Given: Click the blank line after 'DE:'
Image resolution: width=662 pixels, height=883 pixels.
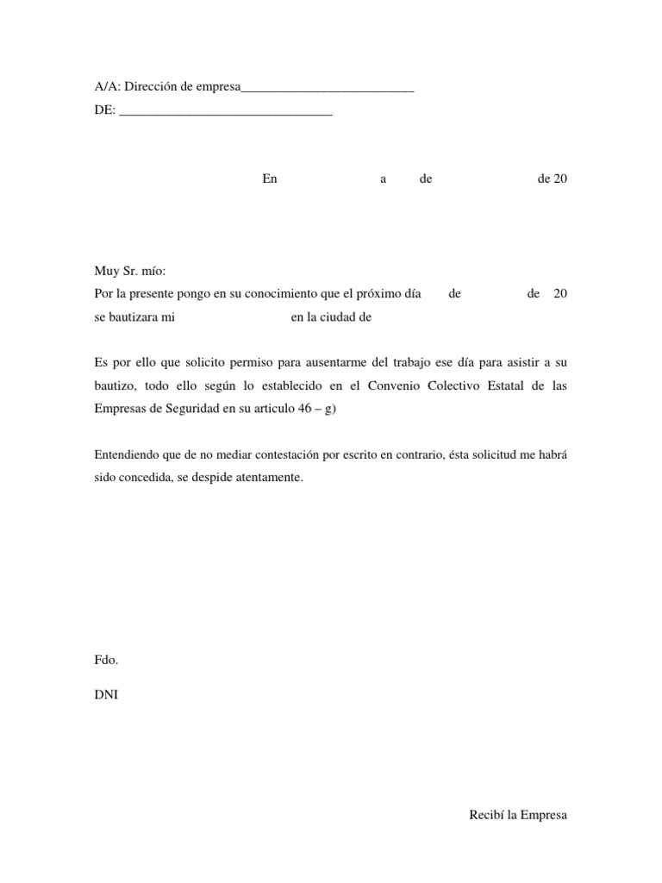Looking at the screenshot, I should click(224, 112).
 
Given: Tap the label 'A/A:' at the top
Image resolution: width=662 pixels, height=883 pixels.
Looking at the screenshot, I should click(107, 88).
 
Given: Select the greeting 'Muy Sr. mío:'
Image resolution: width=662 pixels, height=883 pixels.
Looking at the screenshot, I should click(123, 272).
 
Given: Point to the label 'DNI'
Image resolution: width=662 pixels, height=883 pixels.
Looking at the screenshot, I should click(106, 692).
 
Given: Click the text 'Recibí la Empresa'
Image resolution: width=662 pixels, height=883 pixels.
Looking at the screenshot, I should click(518, 814).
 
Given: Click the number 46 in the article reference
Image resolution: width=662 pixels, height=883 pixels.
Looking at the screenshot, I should click(303, 410).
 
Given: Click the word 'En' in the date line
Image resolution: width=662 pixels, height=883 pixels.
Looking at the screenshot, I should click(271, 179).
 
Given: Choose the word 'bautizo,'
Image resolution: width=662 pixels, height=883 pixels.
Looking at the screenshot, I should click(115, 386).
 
